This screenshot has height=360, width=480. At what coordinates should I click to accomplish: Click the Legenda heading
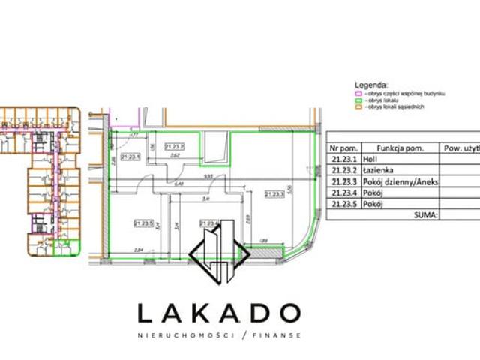coord(373,85)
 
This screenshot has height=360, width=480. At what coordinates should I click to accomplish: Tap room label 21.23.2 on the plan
coord(174,146)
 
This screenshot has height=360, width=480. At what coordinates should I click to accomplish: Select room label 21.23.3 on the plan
coord(274,193)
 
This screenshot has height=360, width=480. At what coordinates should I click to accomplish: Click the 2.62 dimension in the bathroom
coord(174,157)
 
